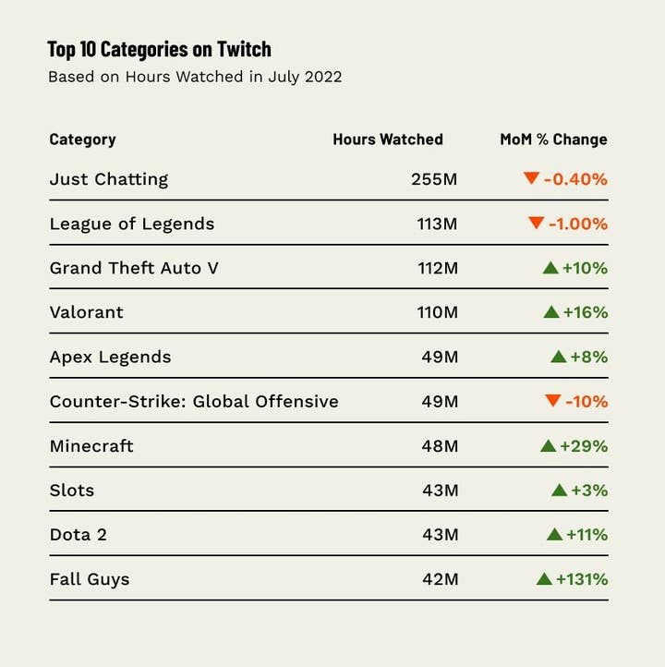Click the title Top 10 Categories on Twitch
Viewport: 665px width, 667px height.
[x=160, y=49]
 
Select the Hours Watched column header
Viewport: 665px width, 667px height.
[x=388, y=139]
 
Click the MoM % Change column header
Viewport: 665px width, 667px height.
[x=553, y=139]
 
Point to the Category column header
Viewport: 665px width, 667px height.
[x=82, y=139]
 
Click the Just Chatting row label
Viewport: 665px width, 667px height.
[x=109, y=179]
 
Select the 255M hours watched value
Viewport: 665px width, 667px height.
[x=434, y=179]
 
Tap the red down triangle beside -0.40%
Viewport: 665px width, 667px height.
[x=531, y=177]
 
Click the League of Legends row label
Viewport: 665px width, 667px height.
[x=132, y=224]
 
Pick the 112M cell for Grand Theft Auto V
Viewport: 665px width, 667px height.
[x=438, y=268]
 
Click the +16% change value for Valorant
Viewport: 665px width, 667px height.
[x=586, y=312]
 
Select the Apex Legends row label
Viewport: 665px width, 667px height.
[x=110, y=358]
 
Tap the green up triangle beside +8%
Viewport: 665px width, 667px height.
[x=558, y=357]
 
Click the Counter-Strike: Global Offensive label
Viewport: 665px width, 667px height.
[x=194, y=402]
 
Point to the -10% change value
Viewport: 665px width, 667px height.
[x=586, y=402]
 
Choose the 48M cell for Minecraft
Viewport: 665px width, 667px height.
[x=440, y=446]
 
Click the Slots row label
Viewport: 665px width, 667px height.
[x=72, y=491]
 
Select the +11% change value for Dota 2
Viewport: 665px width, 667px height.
[x=587, y=535]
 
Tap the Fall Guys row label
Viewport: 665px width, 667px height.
[x=90, y=580]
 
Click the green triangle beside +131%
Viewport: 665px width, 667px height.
[x=544, y=578]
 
